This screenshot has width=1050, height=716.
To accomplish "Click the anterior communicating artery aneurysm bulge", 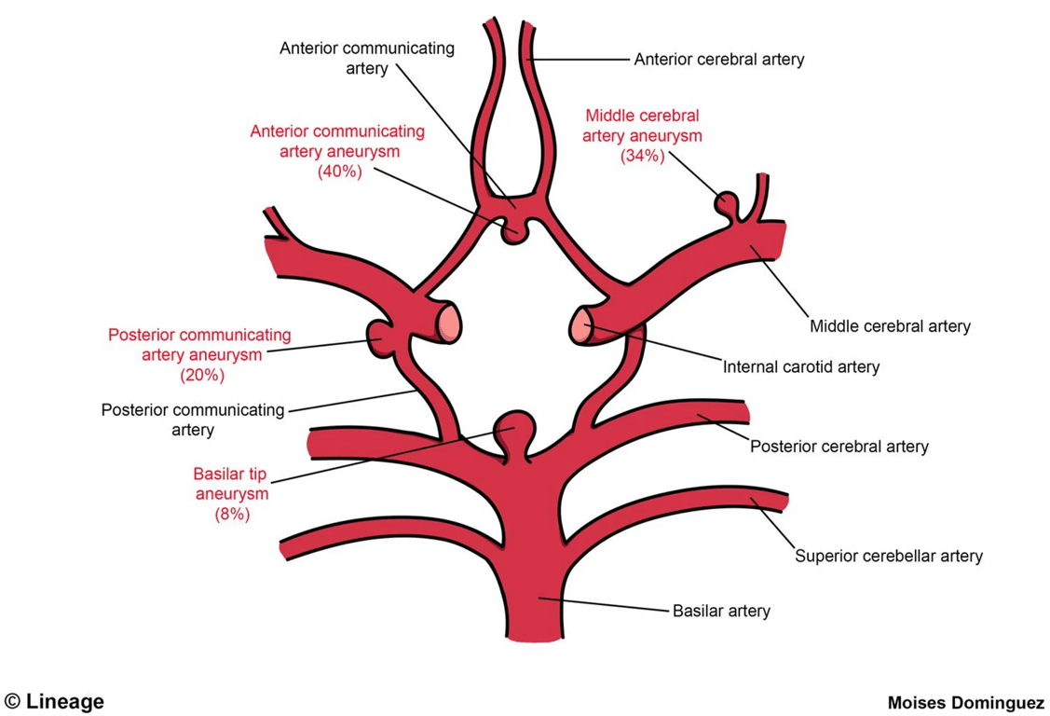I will [x=512, y=231].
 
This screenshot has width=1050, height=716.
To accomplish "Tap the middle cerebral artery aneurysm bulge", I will [x=725, y=202].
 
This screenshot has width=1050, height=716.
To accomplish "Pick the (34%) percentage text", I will [x=642, y=157].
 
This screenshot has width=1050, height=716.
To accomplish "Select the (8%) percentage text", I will [x=231, y=514].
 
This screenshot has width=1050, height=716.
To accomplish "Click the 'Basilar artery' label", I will [x=721, y=612].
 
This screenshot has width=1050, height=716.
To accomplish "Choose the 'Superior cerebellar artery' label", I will [x=888, y=557].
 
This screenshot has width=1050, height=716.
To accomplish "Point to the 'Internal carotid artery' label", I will [x=800, y=366].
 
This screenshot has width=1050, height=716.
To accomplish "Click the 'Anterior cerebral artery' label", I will [x=718, y=60].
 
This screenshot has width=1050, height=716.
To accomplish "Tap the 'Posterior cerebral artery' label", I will [x=839, y=447].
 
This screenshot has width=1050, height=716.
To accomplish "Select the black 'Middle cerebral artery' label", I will [x=890, y=326].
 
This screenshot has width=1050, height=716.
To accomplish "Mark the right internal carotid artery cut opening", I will [x=581, y=326].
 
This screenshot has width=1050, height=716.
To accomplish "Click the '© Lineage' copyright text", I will [x=54, y=701].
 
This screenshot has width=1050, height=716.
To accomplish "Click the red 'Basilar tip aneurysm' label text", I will [x=231, y=483].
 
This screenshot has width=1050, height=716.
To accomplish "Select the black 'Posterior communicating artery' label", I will [x=193, y=420].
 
